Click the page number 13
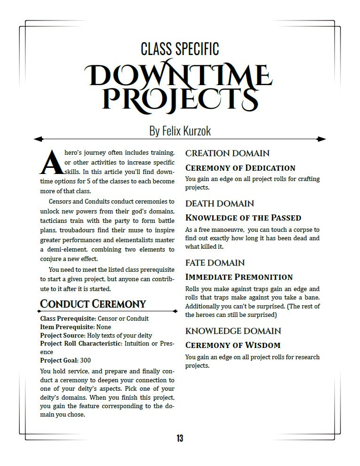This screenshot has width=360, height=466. [x=180, y=438]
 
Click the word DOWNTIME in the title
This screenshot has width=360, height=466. [x=179, y=75]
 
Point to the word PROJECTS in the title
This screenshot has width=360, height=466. [x=180, y=98]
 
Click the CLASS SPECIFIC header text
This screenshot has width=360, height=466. [x=180, y=48]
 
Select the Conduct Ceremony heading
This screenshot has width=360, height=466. [x=93, y=304]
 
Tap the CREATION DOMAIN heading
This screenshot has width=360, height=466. [x=227, y=153]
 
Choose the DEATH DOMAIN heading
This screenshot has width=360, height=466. [x=220, y=204]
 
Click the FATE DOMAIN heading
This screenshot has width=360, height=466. [x=215, y=263]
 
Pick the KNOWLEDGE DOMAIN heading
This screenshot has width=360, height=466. [x=233, y=331]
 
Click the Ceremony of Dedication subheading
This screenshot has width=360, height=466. [x=240, y=168]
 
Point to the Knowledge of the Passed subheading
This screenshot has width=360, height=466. [x=243, y=218]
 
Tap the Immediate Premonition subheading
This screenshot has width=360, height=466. [x=239, y=277]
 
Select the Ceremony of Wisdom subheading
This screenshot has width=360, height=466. [x=233, y=345]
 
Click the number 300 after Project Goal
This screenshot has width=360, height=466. [x=85, y=361]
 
